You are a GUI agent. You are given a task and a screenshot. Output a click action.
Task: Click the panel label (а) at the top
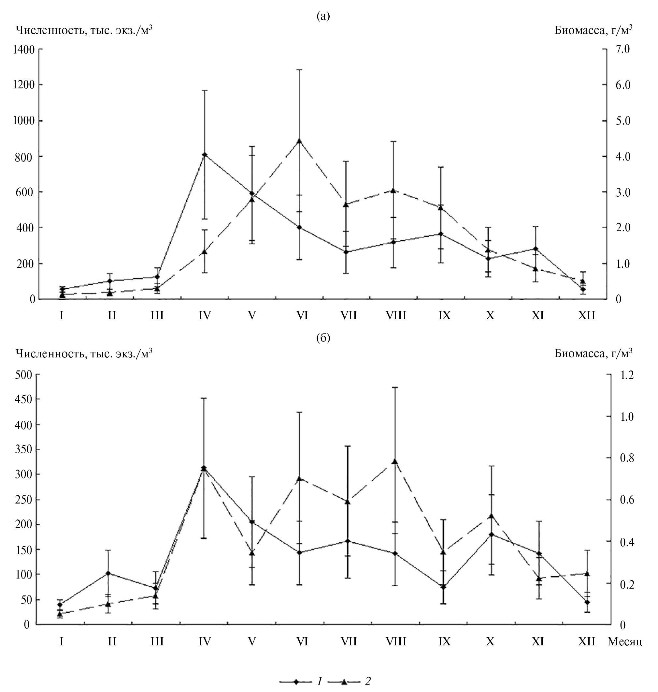tap(323, 16)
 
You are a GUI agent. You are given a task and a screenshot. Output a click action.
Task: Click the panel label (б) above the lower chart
tap(323, 338)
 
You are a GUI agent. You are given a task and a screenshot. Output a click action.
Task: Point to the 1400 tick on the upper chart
tap(23, 50)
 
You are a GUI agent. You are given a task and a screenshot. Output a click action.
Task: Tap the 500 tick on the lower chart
tap(23, 375)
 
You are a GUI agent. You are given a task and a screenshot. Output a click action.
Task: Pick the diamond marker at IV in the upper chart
tap(205, 155)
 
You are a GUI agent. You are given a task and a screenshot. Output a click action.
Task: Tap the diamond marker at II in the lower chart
tap(109, 573)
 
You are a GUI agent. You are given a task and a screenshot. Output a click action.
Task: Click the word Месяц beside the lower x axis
tap(625, 641)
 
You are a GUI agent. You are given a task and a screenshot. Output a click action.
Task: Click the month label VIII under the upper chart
tap(396, 316)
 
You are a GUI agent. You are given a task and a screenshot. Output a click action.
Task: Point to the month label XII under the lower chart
tap(586, 641)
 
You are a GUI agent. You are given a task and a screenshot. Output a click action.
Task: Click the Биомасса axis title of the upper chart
tap(593, 31)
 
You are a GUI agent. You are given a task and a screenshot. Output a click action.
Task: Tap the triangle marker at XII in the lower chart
tap(587, 574)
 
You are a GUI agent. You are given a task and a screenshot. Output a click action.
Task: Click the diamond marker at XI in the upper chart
tap(535, 249)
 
